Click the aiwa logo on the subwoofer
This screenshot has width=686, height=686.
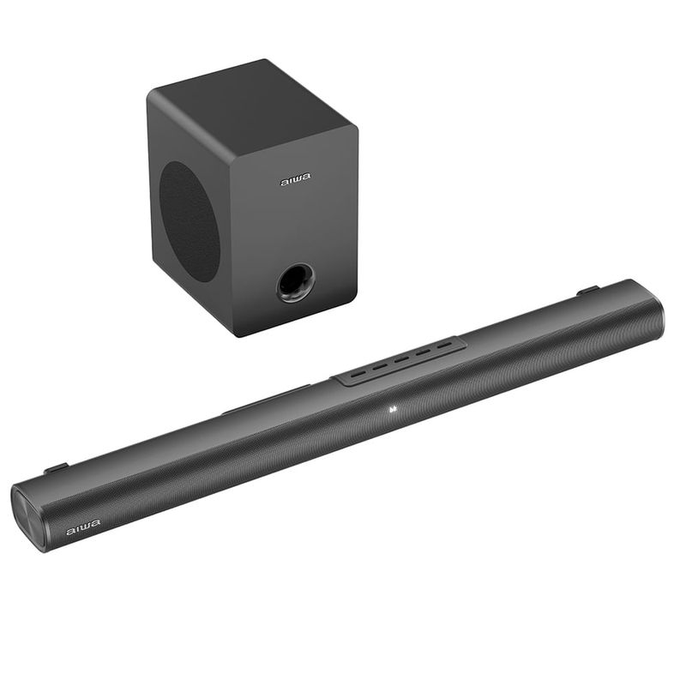[296, 181]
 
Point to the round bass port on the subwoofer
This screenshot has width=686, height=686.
[295, 283]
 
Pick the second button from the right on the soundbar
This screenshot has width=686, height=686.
[422, 353]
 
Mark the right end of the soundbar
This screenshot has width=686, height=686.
[655, 310]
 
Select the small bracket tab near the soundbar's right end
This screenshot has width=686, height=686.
[587, 292]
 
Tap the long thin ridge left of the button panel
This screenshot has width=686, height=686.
[266, 400]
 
